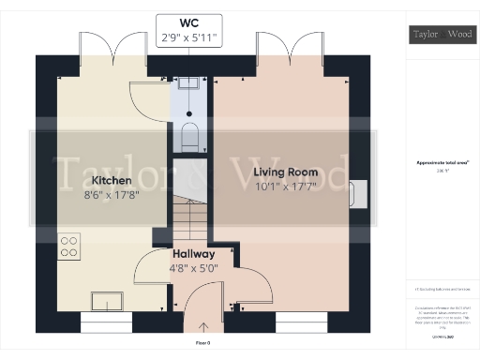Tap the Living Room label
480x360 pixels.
click(x=286, y=173)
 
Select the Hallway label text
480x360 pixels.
click(x=193, y=254)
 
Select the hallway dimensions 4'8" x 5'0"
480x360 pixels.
click(x=193, y=270)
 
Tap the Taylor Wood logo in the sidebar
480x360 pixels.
click(x=441, y=36)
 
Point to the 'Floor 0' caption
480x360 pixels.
click(x=202, y=344)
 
